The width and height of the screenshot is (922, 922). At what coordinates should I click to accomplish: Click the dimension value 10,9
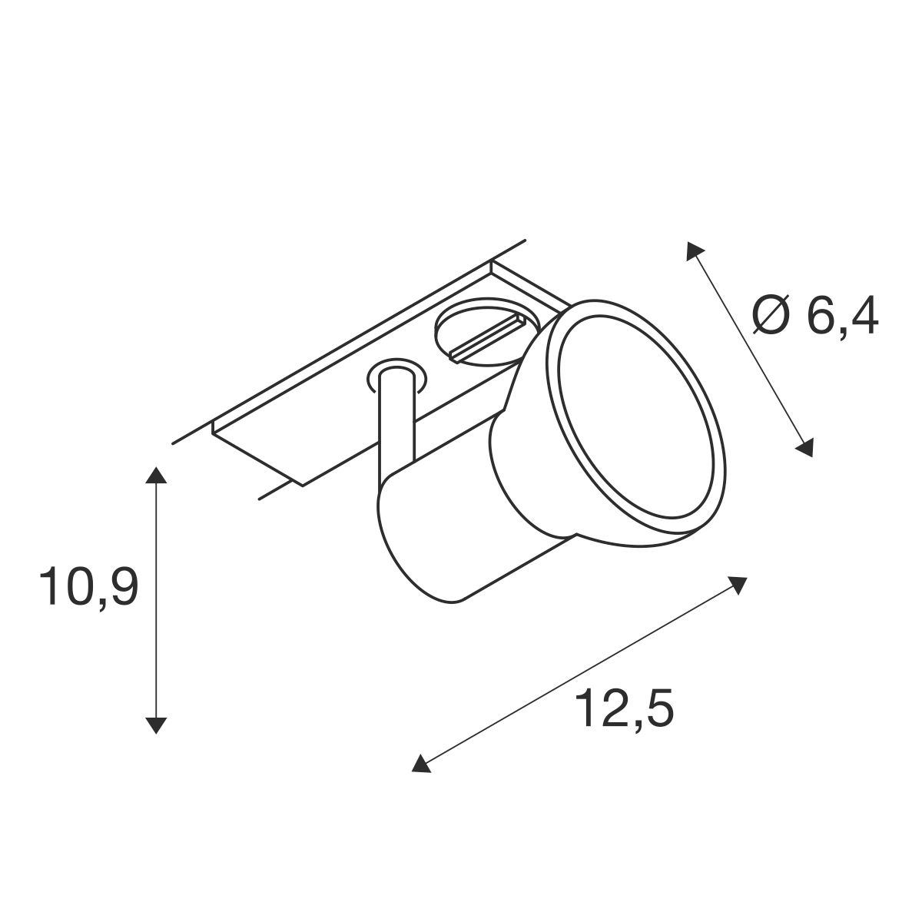coord(89,588)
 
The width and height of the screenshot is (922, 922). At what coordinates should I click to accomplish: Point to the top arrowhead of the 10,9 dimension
coord(155,475)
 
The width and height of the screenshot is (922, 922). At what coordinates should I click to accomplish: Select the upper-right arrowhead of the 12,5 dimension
coord(737,584)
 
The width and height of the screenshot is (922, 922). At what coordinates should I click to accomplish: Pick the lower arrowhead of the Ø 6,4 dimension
coord(804,447)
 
